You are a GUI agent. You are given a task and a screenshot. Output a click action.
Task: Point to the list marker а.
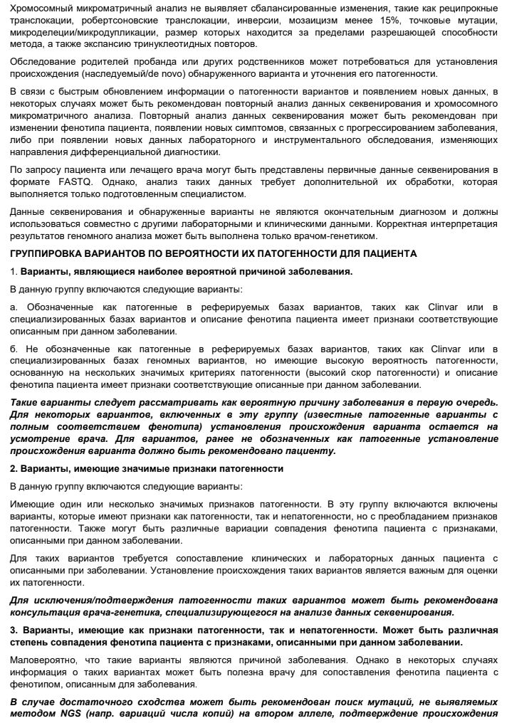pyautogui.click(x=13, y=307)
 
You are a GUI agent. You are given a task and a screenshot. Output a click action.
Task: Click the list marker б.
pyautogui.click(x=13, y=349)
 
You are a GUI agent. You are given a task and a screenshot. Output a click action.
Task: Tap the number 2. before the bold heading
pyautogui.click(x=14, y=469)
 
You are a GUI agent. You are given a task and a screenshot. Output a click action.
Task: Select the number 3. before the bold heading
pyautogui.click(x=14, y=630)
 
